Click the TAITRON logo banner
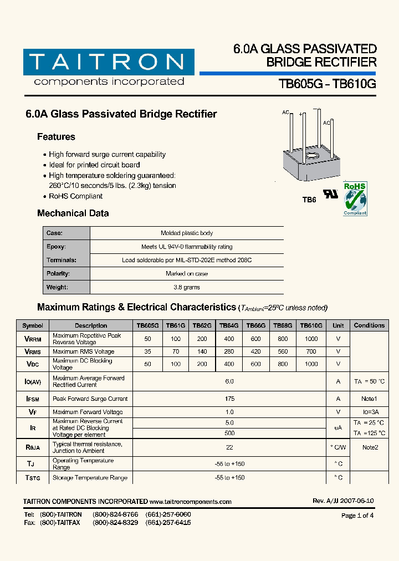109,62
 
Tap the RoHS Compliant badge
355,198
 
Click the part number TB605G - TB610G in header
327,84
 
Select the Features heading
56,137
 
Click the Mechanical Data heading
73,213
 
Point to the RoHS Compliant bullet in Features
75,196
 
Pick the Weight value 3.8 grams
187,287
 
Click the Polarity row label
58,274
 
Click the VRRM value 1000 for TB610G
311,339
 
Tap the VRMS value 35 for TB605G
147,351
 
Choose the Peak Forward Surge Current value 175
230,399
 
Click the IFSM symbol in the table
33,399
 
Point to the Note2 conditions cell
369,447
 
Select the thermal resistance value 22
230,447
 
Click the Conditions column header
369,325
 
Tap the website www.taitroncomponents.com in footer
191,501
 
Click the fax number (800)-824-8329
115,523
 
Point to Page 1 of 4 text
357,516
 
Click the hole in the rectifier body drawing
311,156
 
